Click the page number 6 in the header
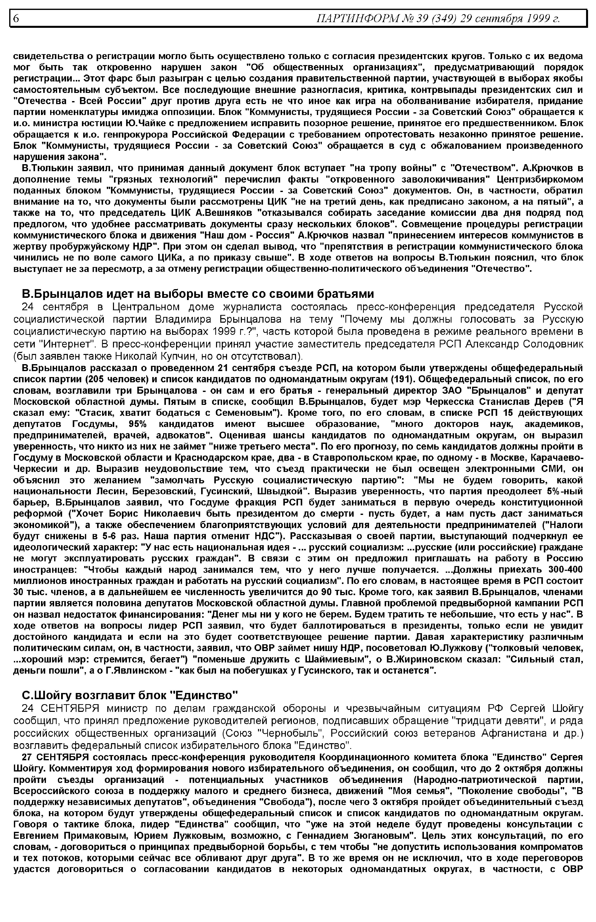coord(16,18)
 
